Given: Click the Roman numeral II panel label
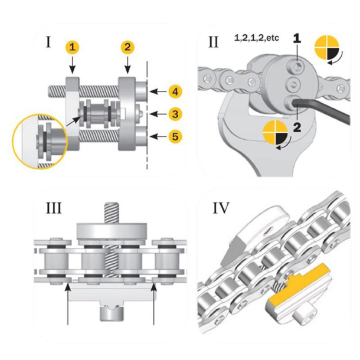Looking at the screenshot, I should click(213, 42).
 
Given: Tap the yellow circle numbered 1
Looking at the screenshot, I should click(72, 45).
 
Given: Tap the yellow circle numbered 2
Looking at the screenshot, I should click(127, 45).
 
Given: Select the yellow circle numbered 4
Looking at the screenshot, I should click(174, 91).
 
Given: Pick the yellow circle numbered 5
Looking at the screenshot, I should click(174, 136).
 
